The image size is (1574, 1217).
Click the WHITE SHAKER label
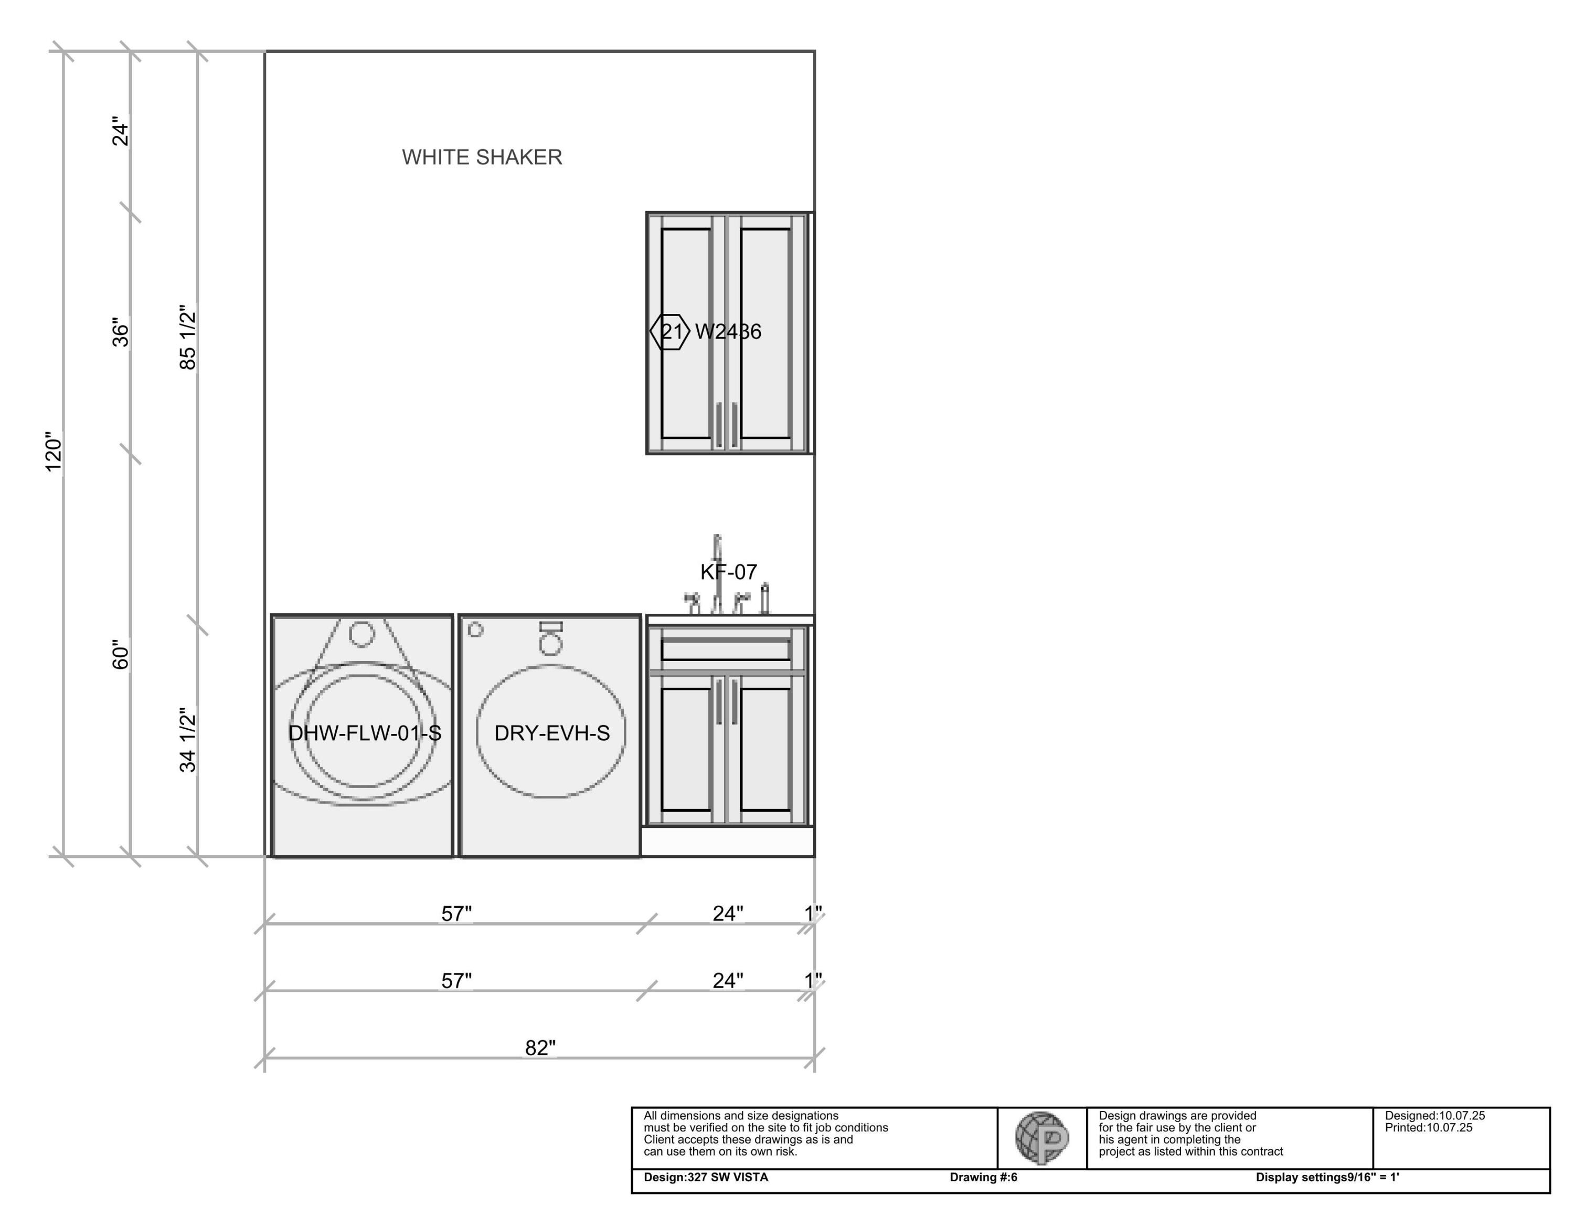point(482,157)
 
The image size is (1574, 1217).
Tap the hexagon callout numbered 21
point(670,332)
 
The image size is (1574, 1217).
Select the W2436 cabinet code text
point(728,332)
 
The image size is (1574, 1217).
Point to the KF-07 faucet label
point(729,572)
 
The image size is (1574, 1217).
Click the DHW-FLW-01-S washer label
point(365,733)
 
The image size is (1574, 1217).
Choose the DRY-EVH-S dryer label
point(552,733)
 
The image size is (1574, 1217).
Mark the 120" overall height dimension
point(54,452)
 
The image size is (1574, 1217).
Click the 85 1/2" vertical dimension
point(187,338)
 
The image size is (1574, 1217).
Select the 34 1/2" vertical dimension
point(187,740)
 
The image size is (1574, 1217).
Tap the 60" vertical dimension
point(120,654)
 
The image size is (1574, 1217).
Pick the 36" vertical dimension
point(120,332)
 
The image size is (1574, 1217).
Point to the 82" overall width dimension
point(540,1047)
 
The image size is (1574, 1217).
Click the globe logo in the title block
point(1041,1138)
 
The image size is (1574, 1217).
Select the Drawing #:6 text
point(983,1177)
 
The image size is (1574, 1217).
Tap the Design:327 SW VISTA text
point(706,1177)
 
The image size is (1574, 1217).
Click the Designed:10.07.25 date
point(1434,1115)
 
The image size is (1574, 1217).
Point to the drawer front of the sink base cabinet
point(726,649)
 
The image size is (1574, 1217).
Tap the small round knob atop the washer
point(362,633)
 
